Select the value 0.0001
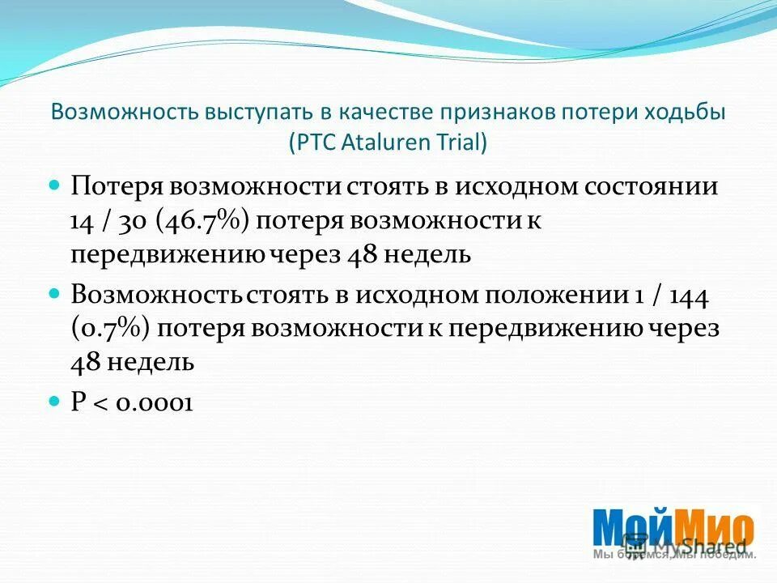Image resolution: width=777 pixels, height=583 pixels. point(153,402)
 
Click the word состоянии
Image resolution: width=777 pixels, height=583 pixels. point(652,187)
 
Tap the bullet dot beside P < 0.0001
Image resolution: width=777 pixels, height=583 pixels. point(55,401)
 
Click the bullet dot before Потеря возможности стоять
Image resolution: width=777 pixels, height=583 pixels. point(55,185)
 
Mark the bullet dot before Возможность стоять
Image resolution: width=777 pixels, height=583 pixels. point(55,293)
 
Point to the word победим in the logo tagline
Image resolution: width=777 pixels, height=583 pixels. point(732,555)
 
